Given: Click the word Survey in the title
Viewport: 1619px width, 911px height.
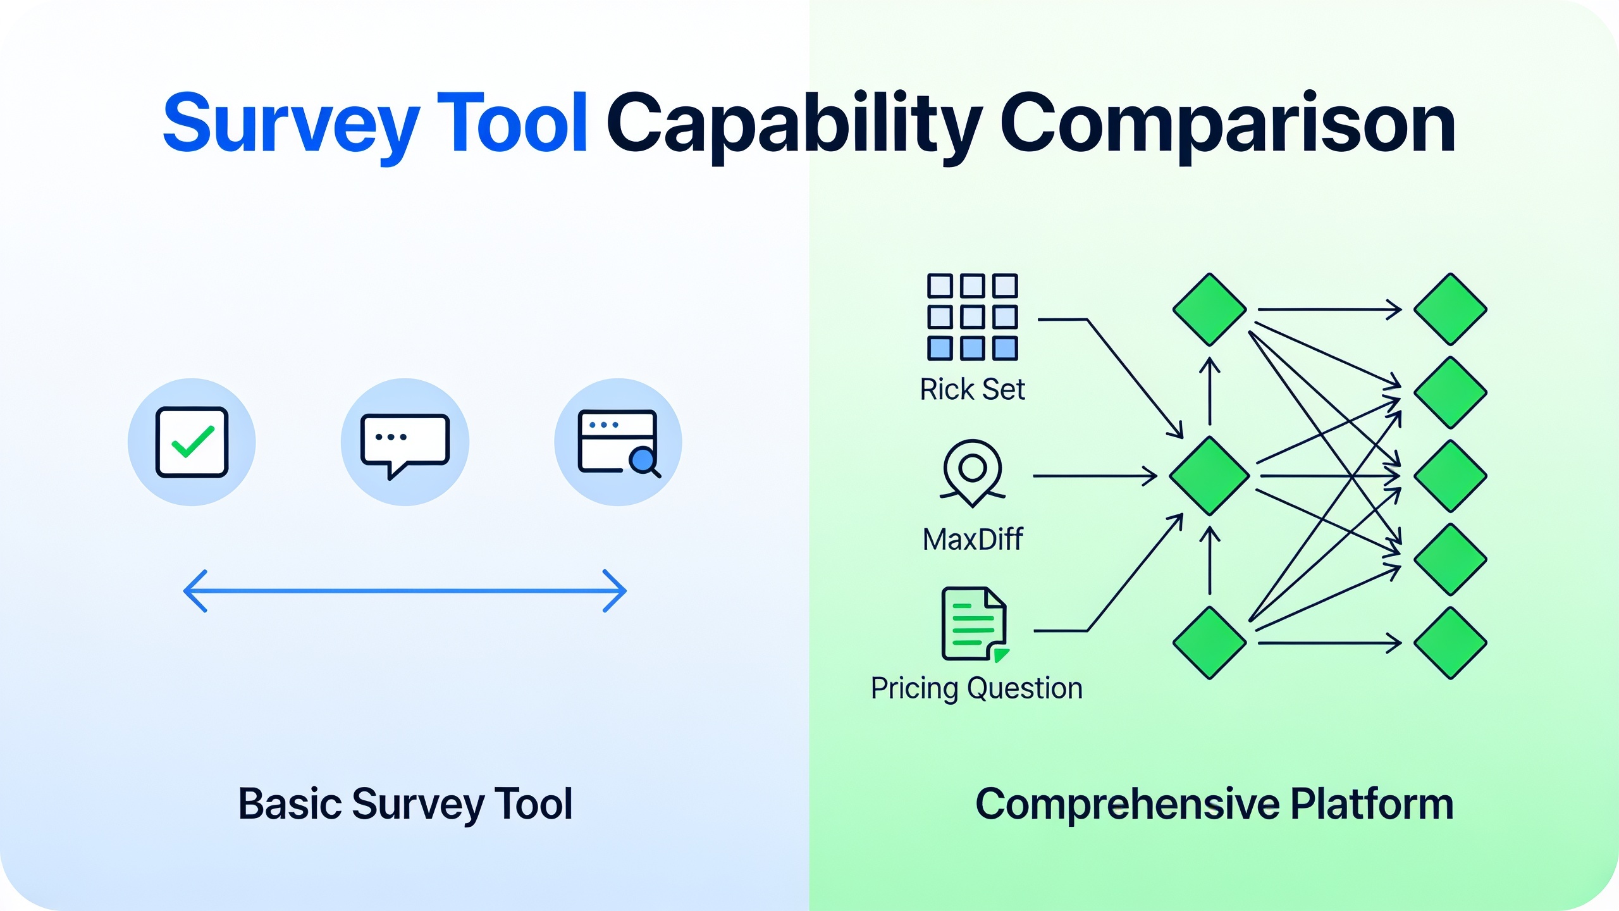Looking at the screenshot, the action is pyautogui.click(x=292, y=125).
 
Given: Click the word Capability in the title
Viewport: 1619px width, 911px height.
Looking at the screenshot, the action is pyautogui.click(x=794, y=125).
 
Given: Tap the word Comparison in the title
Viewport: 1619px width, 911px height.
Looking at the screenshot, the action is pyautogui.click(x=1228, y=125).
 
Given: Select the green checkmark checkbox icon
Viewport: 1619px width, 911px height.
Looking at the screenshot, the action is pyautogui.click(x=192, y=442).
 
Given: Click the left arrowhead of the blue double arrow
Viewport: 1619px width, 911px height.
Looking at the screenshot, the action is pyautogui.click(x=195, y=591).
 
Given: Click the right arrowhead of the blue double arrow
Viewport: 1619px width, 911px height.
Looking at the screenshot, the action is pyautogui.click(x=615, y=591).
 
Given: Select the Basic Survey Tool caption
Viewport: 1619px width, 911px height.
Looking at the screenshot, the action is pyautogui.click(x=405, y=804).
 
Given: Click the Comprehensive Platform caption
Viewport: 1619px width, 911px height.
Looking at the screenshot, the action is pyautogui.click(x=1214, y=804).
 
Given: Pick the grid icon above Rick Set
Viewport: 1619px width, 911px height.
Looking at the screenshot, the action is pyautogui.click(x=972, y=317).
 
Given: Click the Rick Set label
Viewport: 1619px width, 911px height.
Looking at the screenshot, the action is pyautogui.click(x=972, y=389).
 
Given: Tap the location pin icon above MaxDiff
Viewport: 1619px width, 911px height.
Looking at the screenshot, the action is pyautogui.click(x=972, y=472).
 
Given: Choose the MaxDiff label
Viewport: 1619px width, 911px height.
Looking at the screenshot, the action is pyautogui.click(x=973, y=540).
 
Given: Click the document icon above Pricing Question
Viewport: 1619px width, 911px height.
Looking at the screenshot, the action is pyautogui.click(x=975, y=624).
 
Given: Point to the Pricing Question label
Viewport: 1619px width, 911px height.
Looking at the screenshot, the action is pyautogui.click(x=976, y=688).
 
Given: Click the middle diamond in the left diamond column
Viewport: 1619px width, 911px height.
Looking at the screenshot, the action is pyautogui.click(x=1209, y=476).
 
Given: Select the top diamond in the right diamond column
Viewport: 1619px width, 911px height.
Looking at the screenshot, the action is pyautogui.click(x=1450, y=309).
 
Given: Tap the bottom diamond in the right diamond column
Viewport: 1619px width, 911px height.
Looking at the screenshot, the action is pyautogui.click(x=1450, y=643).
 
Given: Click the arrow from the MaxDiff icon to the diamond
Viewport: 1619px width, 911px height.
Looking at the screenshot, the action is pyautogui.click(x=1095, y=476).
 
